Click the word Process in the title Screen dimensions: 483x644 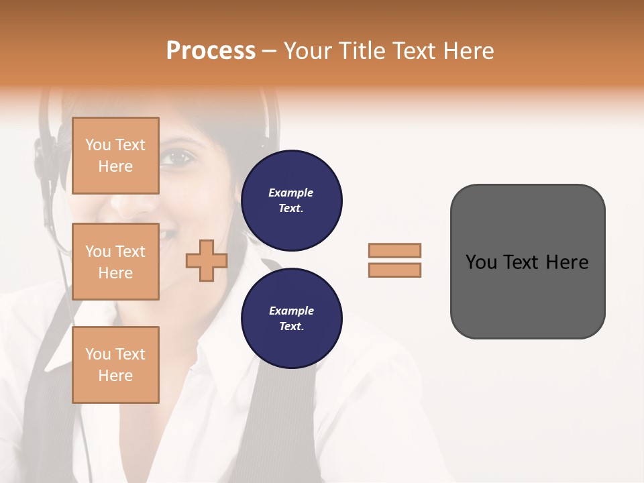[211, 51]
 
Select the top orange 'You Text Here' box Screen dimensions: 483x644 [115, 156]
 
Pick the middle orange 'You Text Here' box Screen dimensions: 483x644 [115, 262]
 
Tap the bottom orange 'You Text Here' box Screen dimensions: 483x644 [115, 364]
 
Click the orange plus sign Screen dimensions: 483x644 [207, 262]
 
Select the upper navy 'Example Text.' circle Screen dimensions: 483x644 [292, 201]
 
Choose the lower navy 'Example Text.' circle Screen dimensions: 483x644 [292, 319]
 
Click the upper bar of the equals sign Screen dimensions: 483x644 [394, 250]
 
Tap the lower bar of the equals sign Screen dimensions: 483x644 [394, 270]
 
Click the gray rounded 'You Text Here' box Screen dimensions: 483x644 [527, 262]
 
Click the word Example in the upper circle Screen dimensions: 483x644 [291, 193]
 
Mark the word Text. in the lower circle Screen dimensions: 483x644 [291, 327]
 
